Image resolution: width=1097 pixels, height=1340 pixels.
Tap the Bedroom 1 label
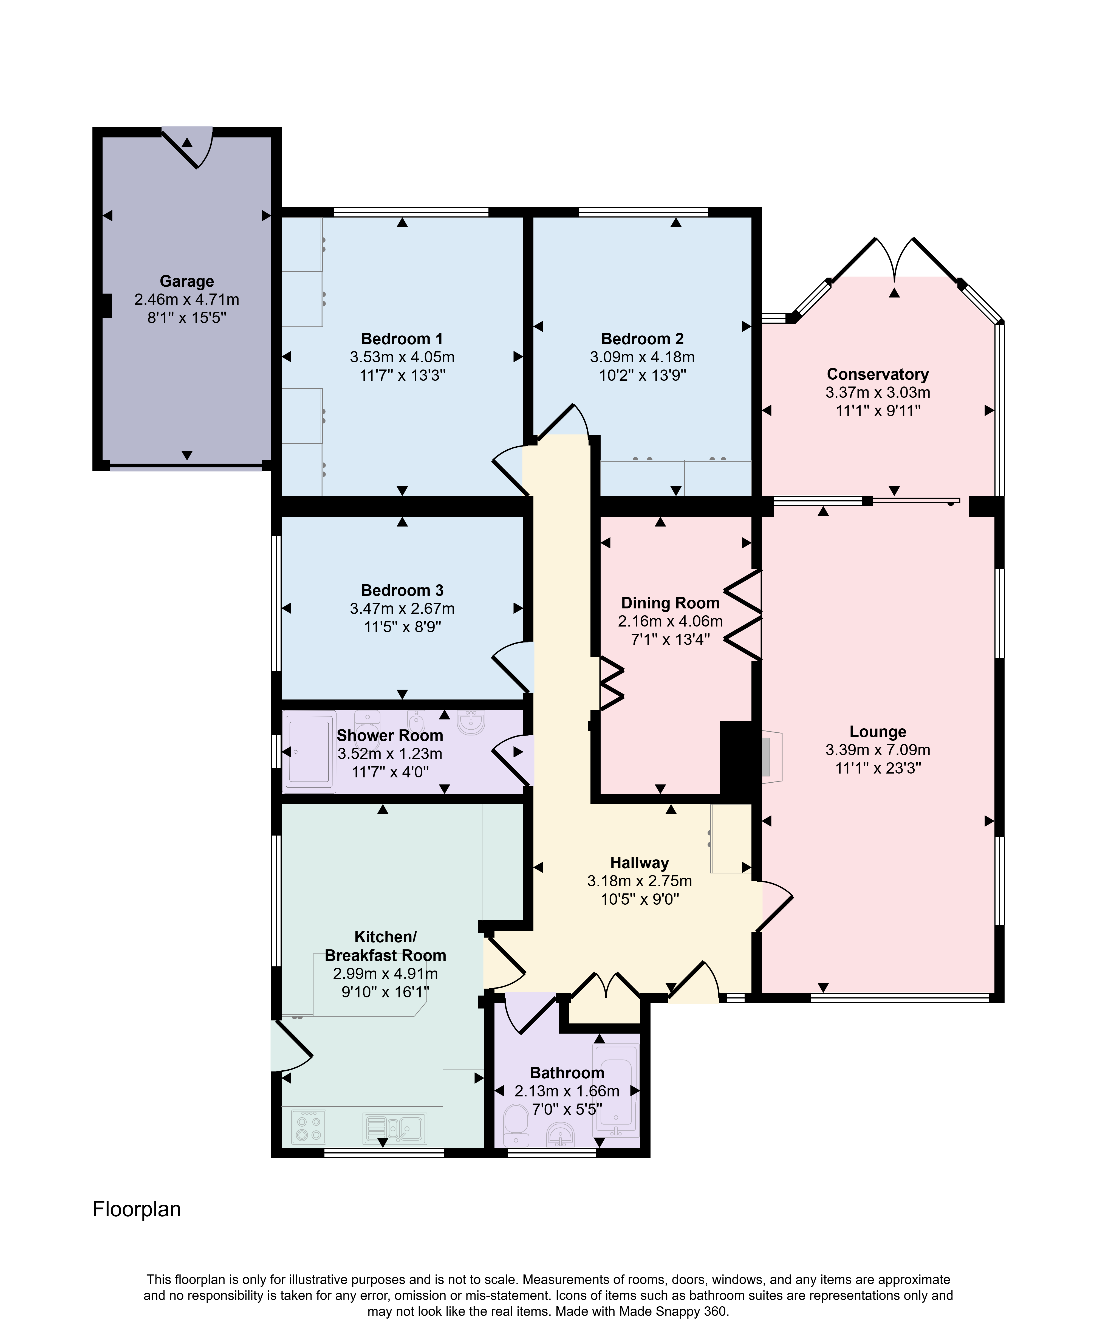pyautogui.click(x=402, y=339)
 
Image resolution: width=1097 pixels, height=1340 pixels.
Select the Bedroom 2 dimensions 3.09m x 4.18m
pyautogui.click(x=642, y=357)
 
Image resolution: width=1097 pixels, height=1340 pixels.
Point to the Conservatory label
pyautogui.click(x=878, y=374)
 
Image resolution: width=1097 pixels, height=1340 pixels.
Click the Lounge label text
pyautogui.click(x=878, y=732)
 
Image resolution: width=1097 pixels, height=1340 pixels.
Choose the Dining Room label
pyautogui.click(x=671, y=603)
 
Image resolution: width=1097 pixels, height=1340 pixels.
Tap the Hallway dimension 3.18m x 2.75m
pyautogui.click(x=640, y=881)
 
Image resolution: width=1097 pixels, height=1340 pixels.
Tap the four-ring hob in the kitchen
pyautogui.click(x=309, y=1127)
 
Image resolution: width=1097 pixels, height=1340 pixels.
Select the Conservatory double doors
pyautogui.click(x=894, y=259)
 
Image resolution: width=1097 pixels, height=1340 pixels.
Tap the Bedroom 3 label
pyautogui.click(x=402, y=590)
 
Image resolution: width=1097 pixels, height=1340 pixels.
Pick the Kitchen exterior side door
pyautogui.click(x=292, y=1047)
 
